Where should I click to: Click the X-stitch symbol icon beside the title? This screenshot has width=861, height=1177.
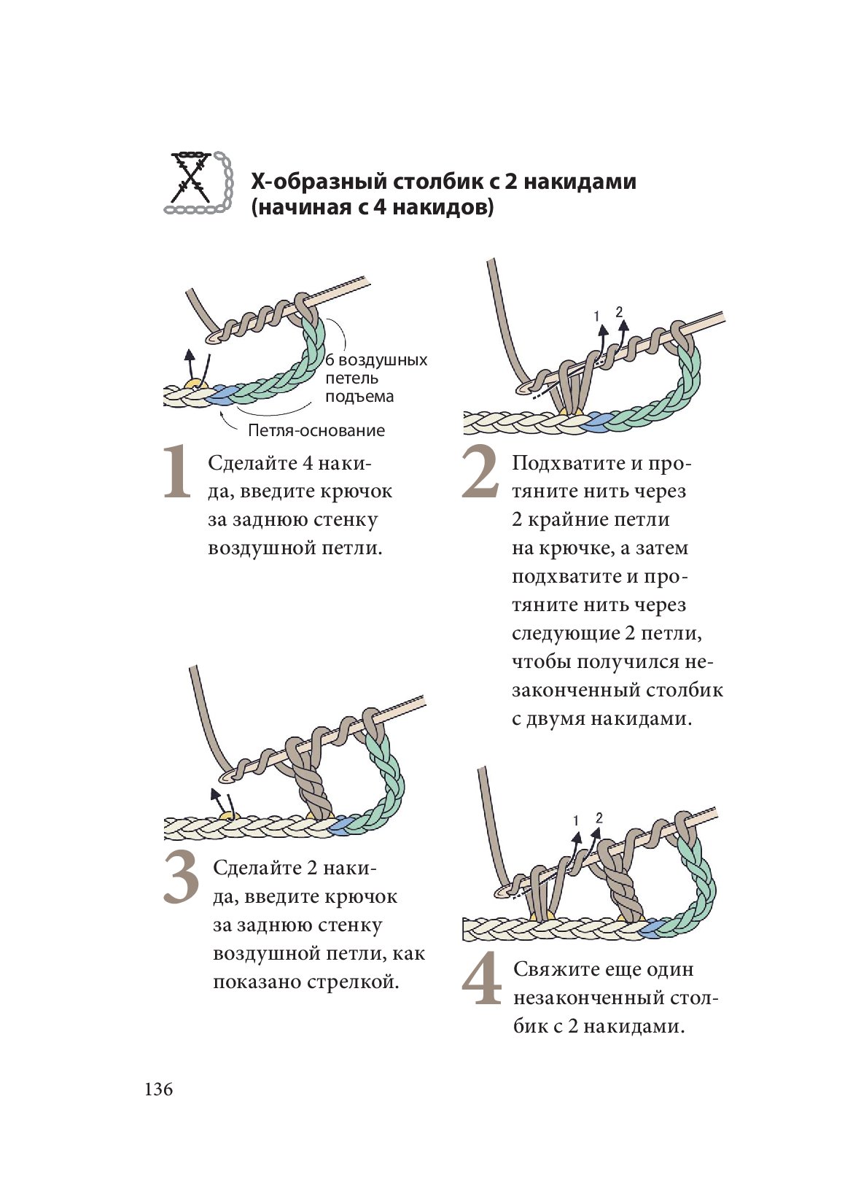[198, 183]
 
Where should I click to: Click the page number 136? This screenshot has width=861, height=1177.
[158, 1089]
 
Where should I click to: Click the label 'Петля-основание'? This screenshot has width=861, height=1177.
[316, 430]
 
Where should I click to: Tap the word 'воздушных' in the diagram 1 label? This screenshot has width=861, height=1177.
[383, 360]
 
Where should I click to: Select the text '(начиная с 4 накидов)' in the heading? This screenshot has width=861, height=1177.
[372, 208]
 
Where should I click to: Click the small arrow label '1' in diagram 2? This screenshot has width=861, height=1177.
[596, 316]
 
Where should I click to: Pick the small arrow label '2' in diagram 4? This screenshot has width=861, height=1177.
[599, 817]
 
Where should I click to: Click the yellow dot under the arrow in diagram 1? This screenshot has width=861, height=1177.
[193, 384]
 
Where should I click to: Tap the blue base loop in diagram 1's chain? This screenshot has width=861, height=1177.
[219, 396]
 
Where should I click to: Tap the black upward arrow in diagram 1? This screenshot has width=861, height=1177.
[190, 362]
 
